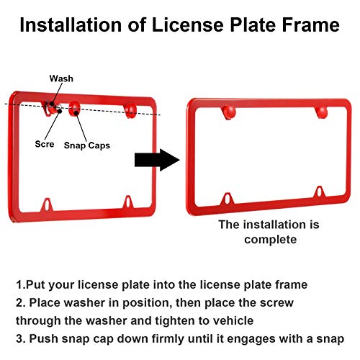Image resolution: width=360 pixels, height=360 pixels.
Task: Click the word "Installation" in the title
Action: (x=71, y=24)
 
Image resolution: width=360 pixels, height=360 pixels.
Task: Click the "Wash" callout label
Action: (x=61, y=78)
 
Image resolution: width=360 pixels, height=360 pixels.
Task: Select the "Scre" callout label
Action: (x=45, y=144)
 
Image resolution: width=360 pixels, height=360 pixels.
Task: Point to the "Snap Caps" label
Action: (x=87, y=145)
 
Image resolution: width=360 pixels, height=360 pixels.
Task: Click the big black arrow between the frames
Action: (x=157, y=160)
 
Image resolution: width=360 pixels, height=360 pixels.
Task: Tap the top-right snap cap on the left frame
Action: (x=130, y=110)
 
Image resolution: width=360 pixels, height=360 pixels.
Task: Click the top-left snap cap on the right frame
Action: (x=229, y=112)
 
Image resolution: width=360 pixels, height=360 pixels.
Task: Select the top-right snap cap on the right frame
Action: (x=322, y=112)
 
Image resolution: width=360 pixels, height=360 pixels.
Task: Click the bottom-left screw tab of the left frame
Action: (x=47, y=205)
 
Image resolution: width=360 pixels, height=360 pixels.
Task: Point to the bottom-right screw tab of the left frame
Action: (x=128, y=203)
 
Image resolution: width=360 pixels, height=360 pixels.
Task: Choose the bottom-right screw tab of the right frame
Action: (x=320, y=192)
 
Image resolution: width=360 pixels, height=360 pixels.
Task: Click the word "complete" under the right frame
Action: (x=271, y=240)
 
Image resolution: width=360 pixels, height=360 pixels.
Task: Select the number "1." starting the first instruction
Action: (x=20, y=285)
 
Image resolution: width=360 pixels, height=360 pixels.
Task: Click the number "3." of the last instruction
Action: (x=21, y=339)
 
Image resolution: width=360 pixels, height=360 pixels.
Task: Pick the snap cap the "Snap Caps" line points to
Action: (x=74, y=109)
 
